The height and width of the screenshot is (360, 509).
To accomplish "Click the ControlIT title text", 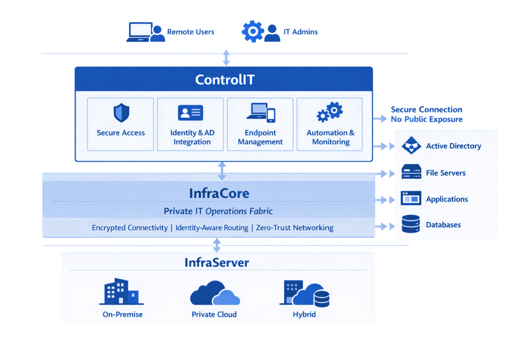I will [225, 80].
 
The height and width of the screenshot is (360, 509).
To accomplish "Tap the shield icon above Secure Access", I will [121, 113].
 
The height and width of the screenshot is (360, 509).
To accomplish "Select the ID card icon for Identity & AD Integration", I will [190, 113].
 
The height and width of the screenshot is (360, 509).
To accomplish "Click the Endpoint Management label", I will [260, 137].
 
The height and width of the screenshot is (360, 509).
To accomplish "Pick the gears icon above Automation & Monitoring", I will [330, 112].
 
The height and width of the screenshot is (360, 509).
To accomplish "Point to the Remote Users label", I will [190, 32].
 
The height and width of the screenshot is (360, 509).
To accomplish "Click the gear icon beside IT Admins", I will [253, 31].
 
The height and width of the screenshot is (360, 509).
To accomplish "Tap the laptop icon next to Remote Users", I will [139, 32].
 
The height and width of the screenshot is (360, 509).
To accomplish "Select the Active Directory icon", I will [411, 146].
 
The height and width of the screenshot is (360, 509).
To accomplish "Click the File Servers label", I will [445, 173].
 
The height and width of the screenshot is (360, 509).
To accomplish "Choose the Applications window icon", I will [411, 199].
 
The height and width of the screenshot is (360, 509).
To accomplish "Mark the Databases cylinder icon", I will [411, 224].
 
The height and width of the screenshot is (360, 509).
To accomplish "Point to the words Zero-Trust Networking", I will [295, 228].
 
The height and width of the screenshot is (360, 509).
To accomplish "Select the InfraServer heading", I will [217, 262].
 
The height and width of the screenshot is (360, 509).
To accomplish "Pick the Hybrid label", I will [304, 314].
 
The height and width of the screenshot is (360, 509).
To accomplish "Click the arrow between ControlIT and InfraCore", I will [222, 171].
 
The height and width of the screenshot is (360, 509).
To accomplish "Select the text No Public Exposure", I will [426, 119].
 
